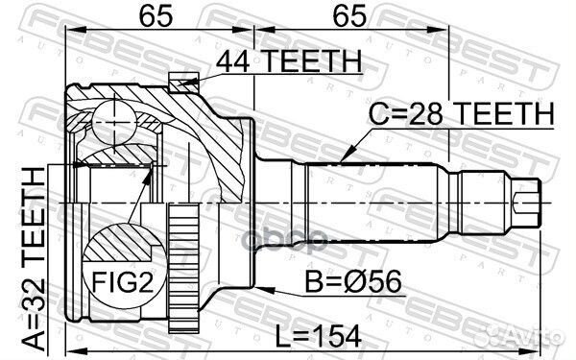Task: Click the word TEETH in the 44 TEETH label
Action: (x=308, y=61)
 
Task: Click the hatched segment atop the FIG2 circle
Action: (x=120, y=235)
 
